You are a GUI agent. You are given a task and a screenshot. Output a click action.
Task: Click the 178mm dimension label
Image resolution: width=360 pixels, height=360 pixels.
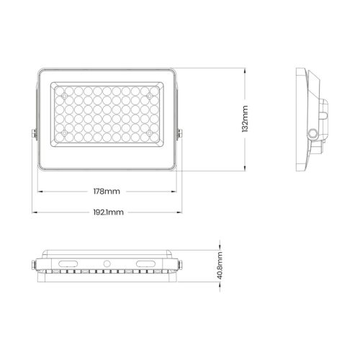click(x=107, y=192)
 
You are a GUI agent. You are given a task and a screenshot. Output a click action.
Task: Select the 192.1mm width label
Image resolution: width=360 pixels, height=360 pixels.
click(x=107, y=212)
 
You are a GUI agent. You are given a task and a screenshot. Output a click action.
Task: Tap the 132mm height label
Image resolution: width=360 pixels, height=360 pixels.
click(x=246, y=119)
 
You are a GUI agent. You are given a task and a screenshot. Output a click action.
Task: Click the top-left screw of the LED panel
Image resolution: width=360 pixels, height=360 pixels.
click(x=63, y=94)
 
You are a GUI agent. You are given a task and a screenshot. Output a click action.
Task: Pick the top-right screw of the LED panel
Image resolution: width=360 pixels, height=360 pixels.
click(x=149, y=94)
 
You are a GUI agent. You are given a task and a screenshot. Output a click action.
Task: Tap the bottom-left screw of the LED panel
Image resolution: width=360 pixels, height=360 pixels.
click(x=63, y=134)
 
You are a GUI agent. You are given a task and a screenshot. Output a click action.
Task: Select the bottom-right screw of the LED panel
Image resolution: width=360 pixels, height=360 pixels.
click(x=149, y=134)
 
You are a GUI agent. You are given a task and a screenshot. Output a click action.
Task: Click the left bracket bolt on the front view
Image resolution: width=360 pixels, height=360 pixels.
click(x=33, y=133)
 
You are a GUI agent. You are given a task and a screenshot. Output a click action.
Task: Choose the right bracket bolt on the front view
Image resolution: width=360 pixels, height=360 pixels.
click(x=180, y=133)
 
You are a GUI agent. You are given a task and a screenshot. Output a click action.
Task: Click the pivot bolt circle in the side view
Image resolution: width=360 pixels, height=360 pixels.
click(x=312, y=133)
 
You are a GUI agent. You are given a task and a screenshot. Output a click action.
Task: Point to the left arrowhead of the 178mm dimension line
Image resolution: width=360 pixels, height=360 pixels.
click(x=40, y=192)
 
